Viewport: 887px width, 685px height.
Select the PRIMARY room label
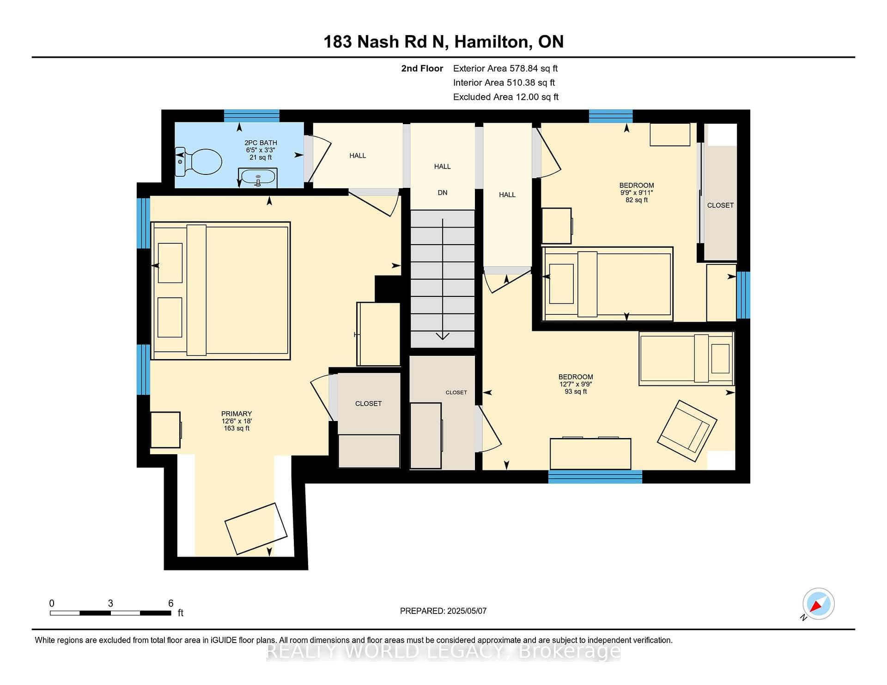click(236, 414)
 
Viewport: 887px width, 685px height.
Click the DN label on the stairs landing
click(443, 192)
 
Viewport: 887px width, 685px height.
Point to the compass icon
click(818, 604)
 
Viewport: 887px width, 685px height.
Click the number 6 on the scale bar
click(171, 603)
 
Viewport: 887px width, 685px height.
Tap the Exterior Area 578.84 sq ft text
click(505, 68)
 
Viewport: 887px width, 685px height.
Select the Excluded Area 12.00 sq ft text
click(506, 97)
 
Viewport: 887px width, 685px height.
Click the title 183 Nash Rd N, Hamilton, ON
click(443, 42)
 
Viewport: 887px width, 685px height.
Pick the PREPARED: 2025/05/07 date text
click(443, 611)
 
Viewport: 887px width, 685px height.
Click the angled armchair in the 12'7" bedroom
click(687, 431)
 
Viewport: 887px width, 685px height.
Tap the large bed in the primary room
click(220, 291)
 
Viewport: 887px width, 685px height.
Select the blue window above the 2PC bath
click(252, 116)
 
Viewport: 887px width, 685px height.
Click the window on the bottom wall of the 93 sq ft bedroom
click(595, 477)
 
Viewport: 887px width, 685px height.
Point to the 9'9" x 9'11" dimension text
click(637, 192)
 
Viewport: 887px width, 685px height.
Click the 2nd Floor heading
click(422, 68)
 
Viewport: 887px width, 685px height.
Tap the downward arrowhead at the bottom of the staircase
click(443, 336)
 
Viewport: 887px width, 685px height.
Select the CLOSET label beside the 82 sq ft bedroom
click(720, 205)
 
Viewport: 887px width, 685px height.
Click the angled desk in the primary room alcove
click(256, 529)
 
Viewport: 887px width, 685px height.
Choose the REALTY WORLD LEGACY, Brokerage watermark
click(443, 651)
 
